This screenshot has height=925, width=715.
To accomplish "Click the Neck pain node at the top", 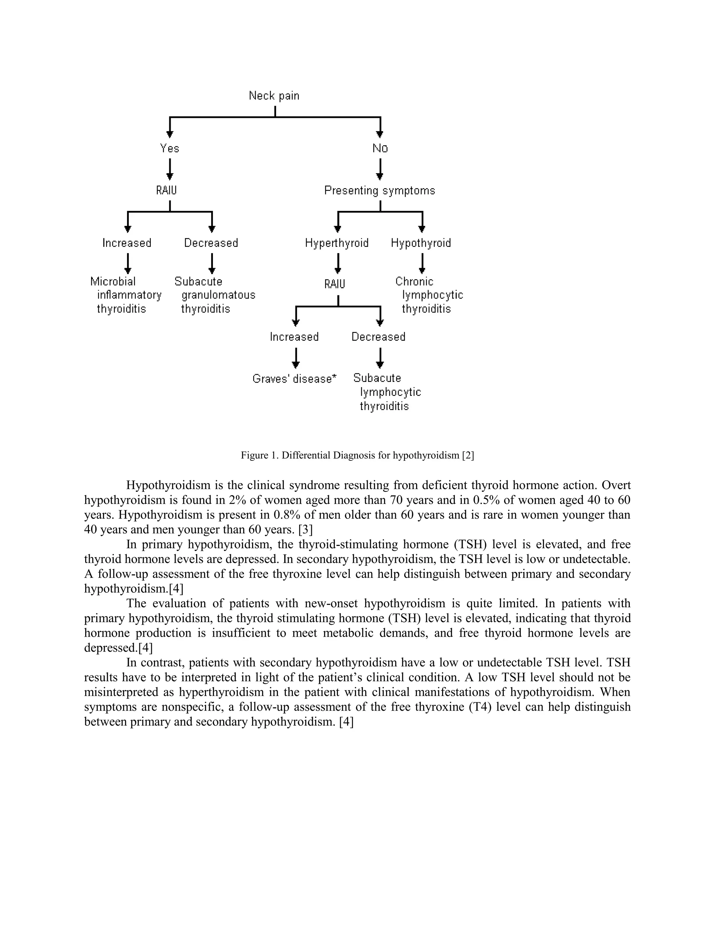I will (274, 96).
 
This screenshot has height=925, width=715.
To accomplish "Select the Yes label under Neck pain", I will (169, 148).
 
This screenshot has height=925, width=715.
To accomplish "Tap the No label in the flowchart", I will (380, 148).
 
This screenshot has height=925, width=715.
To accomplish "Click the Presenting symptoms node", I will (379, 191).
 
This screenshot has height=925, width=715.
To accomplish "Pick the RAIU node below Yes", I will (167, 191).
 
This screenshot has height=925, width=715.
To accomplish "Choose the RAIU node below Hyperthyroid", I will (334, 284).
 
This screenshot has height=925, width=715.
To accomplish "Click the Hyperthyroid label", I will (337, 243).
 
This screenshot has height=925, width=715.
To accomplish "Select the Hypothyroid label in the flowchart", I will (421, 243).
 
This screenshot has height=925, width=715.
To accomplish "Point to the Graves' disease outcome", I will (294, 379).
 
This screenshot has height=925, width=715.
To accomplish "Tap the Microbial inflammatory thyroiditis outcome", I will (126, 295).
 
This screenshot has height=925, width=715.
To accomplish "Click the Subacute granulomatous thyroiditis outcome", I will (215, 295).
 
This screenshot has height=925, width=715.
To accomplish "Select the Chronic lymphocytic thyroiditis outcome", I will (429, 295).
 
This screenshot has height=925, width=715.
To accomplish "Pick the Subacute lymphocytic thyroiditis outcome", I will (387, 392).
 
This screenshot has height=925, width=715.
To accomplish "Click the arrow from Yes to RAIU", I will (170, 169).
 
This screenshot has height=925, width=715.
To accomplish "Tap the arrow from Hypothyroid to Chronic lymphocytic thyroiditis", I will (422, 264).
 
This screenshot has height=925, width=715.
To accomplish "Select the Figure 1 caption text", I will (357, 455).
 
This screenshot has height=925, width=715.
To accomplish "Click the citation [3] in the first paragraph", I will (305, 530).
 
